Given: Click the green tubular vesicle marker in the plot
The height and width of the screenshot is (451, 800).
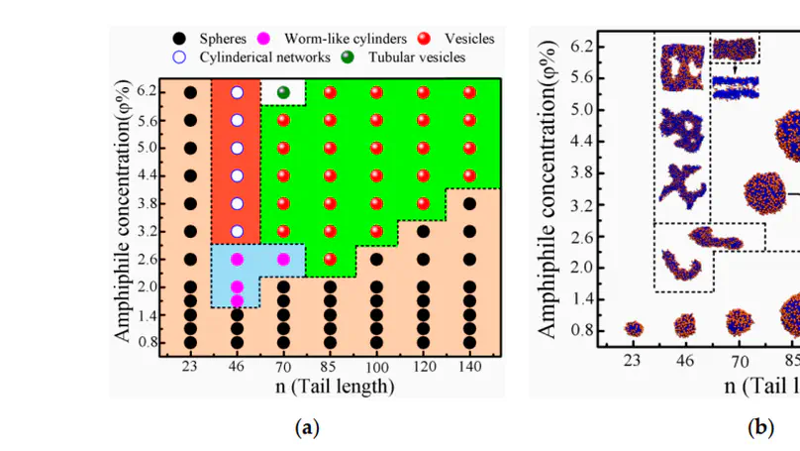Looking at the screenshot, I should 283,92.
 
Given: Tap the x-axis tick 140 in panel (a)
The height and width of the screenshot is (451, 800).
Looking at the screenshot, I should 468,368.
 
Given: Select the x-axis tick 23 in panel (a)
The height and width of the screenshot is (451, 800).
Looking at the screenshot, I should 190,368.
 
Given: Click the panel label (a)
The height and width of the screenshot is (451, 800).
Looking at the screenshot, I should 308,427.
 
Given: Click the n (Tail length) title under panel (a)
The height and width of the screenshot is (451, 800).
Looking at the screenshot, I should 334,387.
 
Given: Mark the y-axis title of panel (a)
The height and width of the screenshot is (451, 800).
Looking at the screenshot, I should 122,212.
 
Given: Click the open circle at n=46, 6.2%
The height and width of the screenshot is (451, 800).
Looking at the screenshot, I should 237,92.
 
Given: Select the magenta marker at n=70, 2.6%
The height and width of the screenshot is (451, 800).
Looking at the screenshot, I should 283,259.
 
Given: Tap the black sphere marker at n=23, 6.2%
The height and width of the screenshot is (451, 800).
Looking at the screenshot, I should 190,92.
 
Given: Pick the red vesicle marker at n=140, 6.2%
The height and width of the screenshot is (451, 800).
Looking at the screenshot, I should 468,92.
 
